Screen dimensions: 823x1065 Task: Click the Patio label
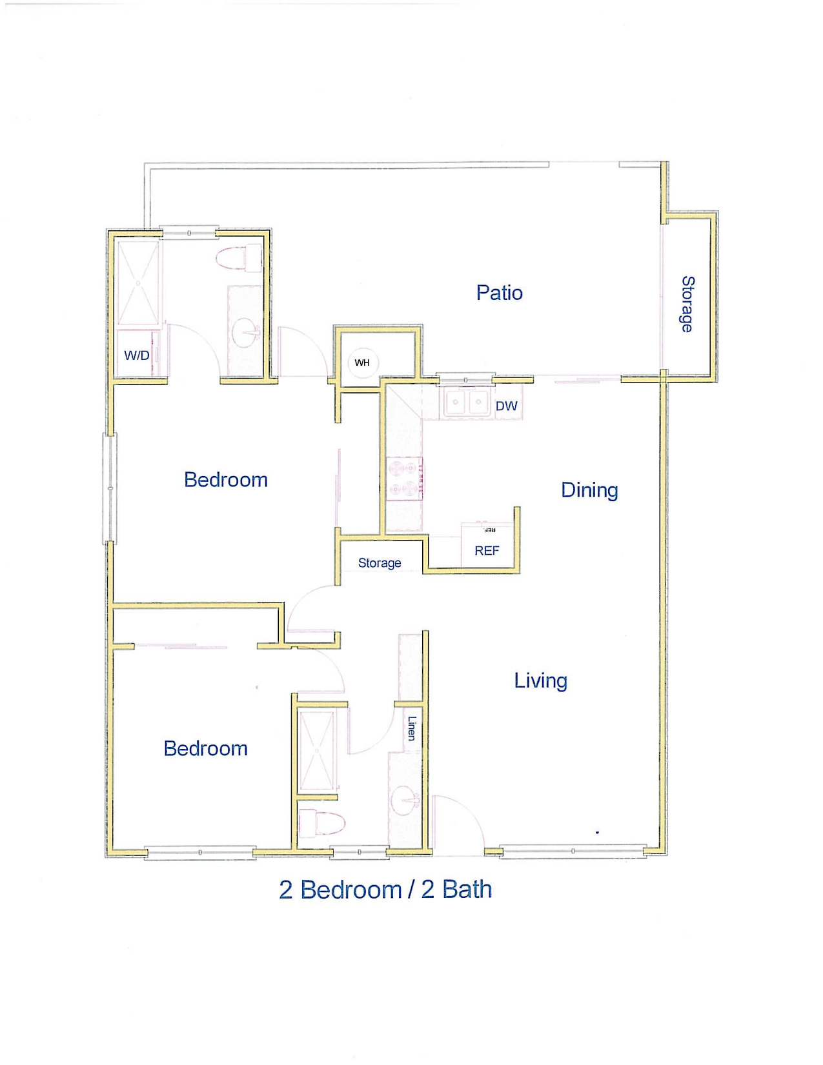[x=499, y=293]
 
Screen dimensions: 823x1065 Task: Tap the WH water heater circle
[x=362, y=363]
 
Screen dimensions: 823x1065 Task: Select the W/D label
[x=136, y=355]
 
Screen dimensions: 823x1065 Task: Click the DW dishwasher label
[x=506, y=406]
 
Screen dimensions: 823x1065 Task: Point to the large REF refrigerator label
[x=487, y=551]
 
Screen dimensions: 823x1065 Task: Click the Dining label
[x=589, y=490]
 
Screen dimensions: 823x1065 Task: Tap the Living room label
[x=540, y=681]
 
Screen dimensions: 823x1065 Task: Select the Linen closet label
[x=412, y=728]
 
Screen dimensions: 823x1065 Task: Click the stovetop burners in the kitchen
[x=404, y=479]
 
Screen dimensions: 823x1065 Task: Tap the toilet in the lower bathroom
[x=321, y=823]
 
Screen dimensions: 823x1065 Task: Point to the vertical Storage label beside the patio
[x=687, y=304]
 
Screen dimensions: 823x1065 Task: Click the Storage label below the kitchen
[x=379, y=563]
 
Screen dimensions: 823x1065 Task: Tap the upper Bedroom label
[x=226, y=480]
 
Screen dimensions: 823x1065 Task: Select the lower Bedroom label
[x=205, y=749]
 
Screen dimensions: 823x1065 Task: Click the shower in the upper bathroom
[x=138, y=283]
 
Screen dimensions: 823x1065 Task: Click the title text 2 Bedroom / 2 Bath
[x=385, y=890]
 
